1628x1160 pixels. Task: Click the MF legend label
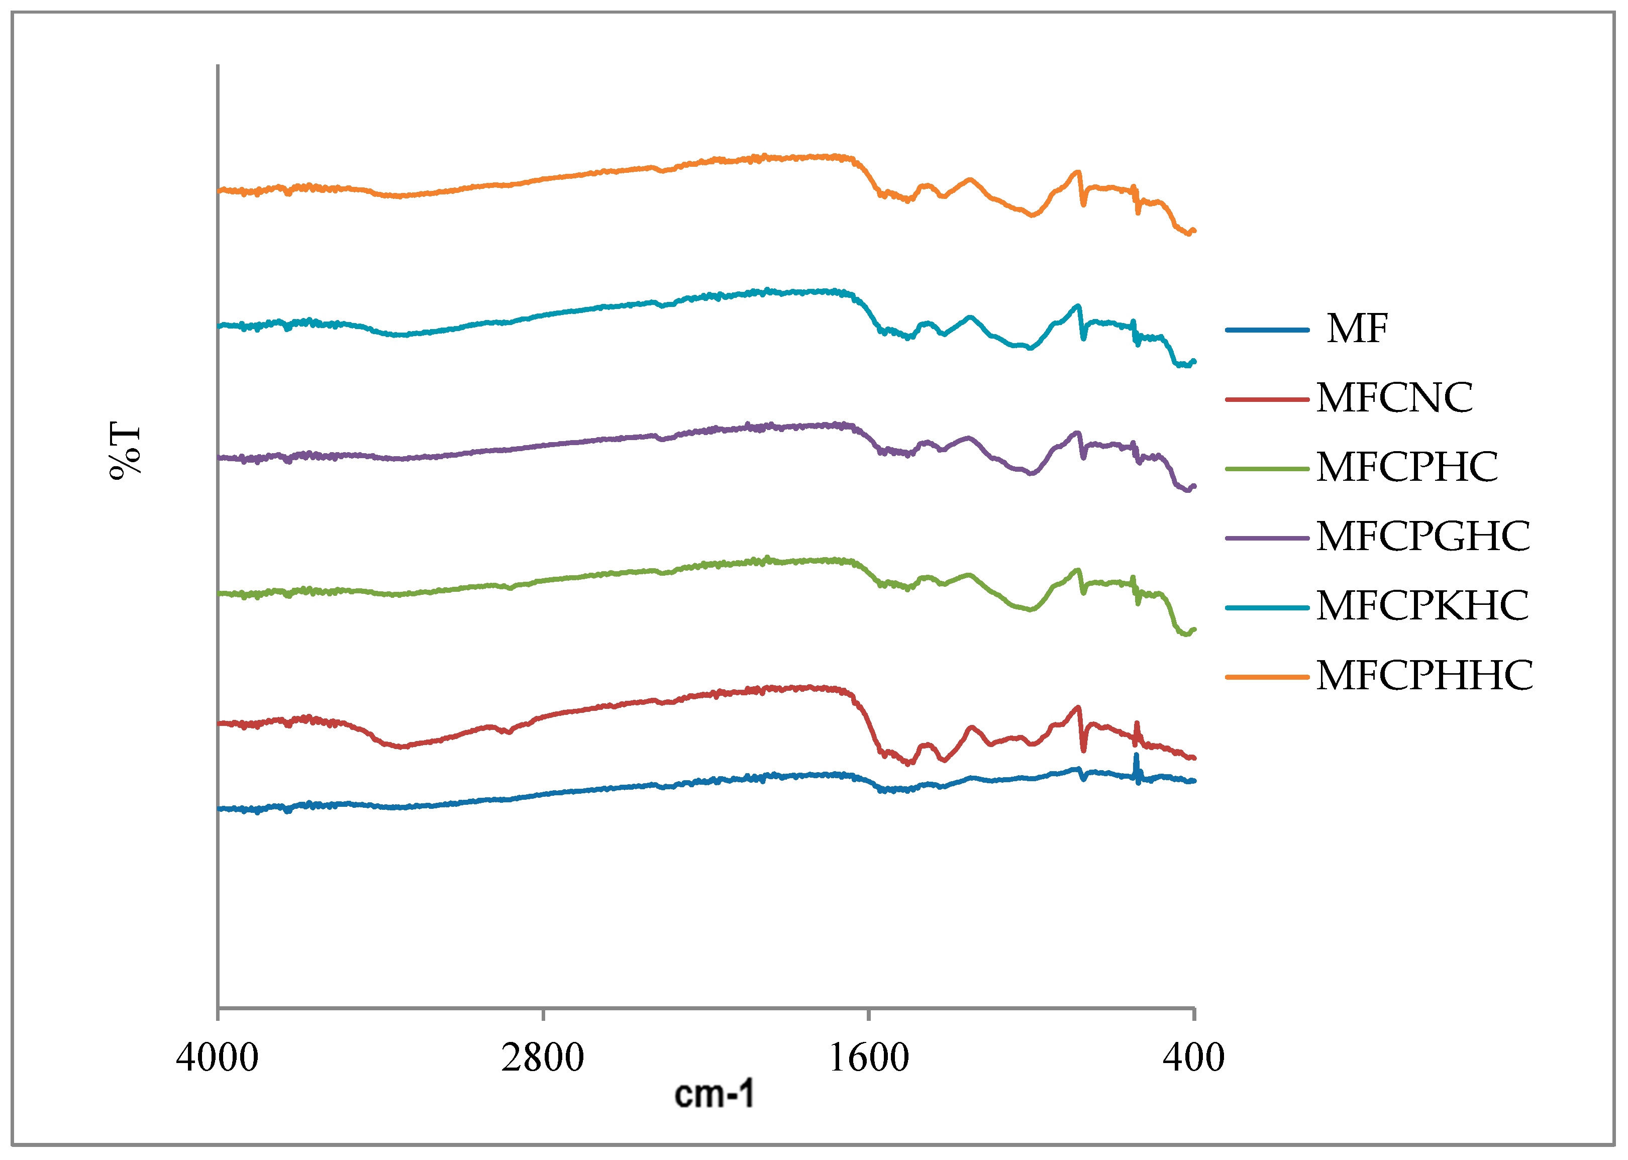(x=1357, y=329)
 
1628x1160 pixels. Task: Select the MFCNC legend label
(x=1394, y=398)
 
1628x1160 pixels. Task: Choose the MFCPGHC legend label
(x=1422, y=537)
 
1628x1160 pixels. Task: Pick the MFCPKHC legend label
(x=1421, y=606)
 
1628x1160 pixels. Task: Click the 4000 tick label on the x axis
(x=217, y=1058)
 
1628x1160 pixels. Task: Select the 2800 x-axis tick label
(x=542, y=1058)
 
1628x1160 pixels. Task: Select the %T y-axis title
(x=126, y=451)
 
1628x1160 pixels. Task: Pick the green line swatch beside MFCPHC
(x=1267, y=469)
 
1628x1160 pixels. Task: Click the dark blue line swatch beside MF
(x=1267, y=330)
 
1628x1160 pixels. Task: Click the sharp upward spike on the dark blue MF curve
(x=1136, y=758)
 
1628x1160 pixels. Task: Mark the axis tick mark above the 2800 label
(x=543, y=1015)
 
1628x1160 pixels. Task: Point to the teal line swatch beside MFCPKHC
(x=1267, y=607)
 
